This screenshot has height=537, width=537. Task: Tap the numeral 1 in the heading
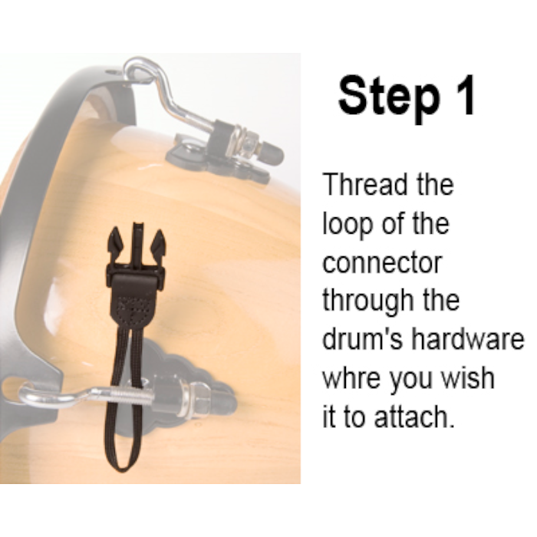pos(463,94)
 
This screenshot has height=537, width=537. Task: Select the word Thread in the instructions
pos(366,184)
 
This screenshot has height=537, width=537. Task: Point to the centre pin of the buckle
pos(137,243)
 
